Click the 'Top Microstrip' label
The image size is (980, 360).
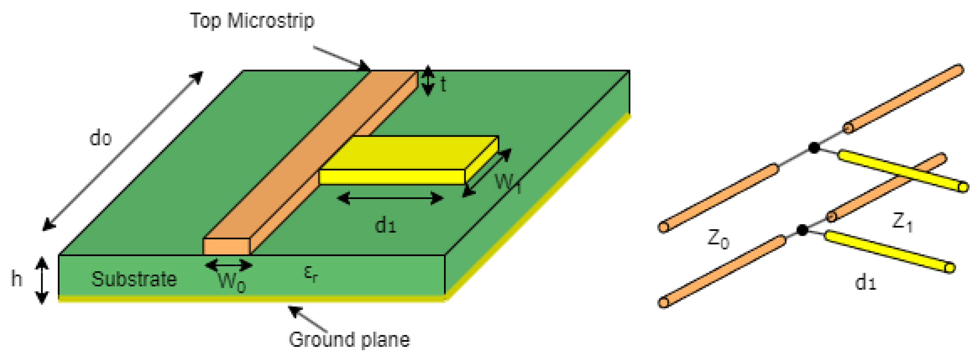(252, 20)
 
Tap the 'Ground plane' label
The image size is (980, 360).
(349, 340)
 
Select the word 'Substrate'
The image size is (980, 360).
(134, 279)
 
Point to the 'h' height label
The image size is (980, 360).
(16, 279)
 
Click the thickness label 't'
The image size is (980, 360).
(443, 84)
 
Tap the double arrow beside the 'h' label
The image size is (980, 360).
(42, 280)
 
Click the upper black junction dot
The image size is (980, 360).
(814, 148)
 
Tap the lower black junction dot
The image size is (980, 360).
(802, 230)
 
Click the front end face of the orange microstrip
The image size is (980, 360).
(227, 247)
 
